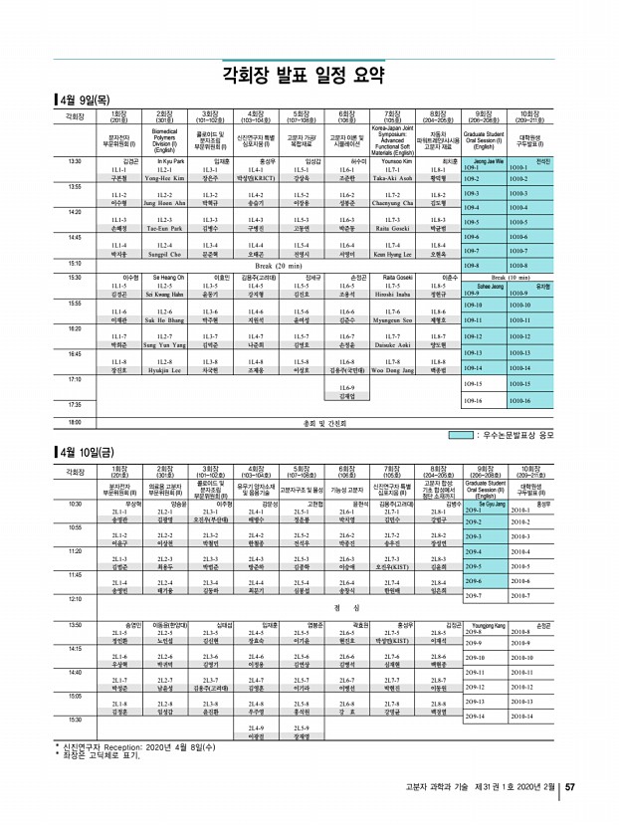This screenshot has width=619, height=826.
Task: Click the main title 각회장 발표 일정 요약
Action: (x=309, y=74)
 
